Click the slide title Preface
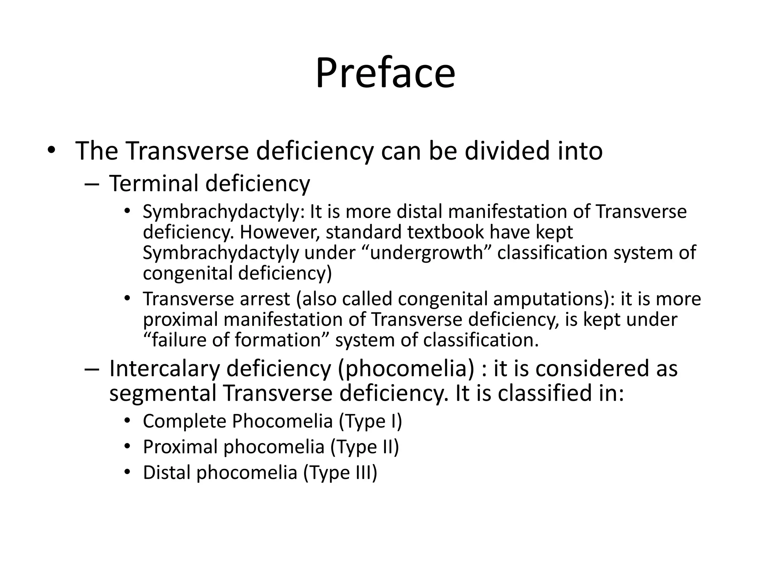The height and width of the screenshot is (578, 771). (x=385, y=73)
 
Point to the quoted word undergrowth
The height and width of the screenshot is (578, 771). (x=426, y=252)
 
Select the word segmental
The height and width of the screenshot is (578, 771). (x=163, y=393)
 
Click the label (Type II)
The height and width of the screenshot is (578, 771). (x=364, y=447)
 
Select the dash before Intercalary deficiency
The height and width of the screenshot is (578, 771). (x=91, y=369)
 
